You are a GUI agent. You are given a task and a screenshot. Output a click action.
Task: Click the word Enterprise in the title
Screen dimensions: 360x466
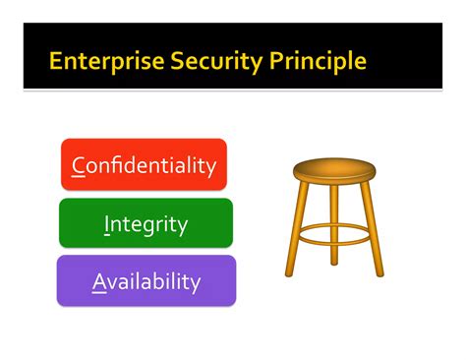(x=98, y=62)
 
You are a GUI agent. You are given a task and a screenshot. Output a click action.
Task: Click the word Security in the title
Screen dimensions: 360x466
(x=201, y=62)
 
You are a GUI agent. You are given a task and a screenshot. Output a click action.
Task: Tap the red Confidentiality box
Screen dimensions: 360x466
(x=144, y=164)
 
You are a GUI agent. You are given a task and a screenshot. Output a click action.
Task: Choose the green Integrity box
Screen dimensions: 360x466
(x=146, y=223)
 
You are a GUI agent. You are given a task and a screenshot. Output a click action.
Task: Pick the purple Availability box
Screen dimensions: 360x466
(x=146, y=281)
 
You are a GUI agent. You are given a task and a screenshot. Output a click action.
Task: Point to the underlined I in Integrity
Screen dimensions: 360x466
(x=106, y=224)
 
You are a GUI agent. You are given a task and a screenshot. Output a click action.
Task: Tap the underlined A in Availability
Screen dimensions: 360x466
(x=98, y=282)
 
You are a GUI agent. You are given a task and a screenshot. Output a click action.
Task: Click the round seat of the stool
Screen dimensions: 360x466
(x=335, y=170)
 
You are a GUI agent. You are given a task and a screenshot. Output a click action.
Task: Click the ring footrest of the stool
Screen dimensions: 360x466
(x=334, y=233)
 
